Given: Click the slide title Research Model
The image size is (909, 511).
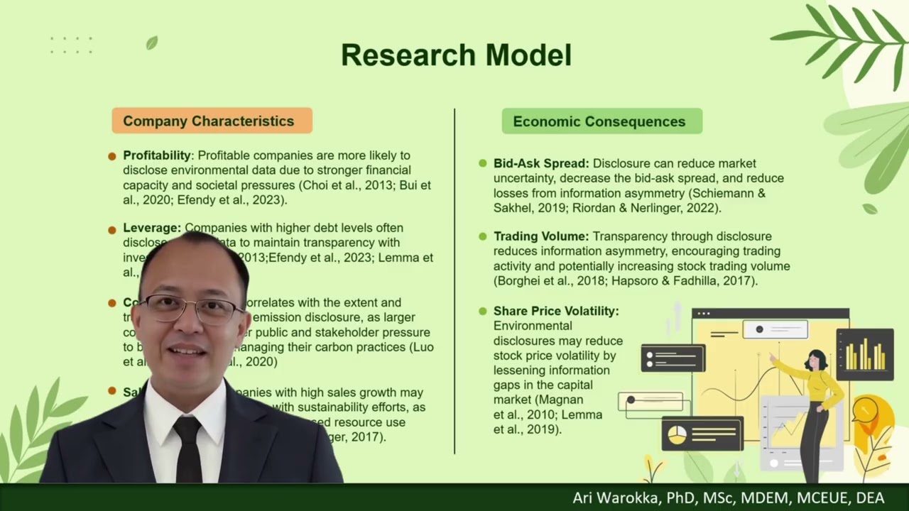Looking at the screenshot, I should coord(456,55).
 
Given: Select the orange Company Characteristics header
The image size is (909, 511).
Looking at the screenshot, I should coord(212,121).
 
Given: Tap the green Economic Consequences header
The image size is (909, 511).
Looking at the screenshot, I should coord(602,121).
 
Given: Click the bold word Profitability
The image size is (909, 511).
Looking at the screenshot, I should coord(157,155).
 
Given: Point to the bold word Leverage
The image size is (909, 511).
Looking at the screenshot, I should coord(151,228).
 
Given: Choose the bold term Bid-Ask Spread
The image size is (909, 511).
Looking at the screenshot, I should coord(541,163).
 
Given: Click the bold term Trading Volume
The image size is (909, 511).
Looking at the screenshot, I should coord(541,236).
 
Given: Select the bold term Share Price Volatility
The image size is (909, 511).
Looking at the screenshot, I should coord(556,311).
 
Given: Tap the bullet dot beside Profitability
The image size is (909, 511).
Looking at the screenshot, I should coord(112,156).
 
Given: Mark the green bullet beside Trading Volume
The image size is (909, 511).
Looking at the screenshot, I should coord(483,236).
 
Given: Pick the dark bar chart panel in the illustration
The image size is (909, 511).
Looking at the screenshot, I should coord(864,354).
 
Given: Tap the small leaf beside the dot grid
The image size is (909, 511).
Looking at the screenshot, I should coord(151,43).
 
